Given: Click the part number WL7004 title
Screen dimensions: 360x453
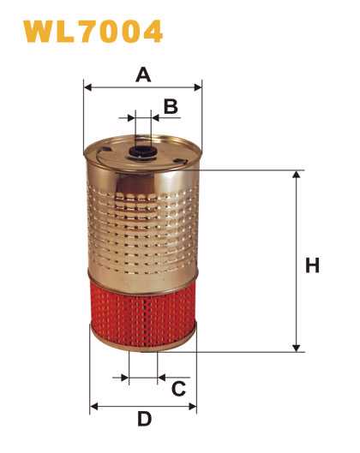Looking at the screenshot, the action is (x=93, y=31).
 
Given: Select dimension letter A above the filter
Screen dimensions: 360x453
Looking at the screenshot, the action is (x=143, y=75).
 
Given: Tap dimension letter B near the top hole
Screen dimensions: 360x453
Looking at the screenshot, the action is (x=171, y=106).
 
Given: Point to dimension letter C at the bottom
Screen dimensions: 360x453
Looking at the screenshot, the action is (x=178, y=389).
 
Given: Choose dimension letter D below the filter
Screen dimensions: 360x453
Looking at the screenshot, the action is (x=144, y=419).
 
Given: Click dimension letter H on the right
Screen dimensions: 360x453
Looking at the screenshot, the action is (x=312, y=265).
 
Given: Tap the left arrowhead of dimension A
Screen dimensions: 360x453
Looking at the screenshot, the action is (x=88, y=87).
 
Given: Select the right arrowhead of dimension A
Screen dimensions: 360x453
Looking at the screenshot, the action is (x=198, y=87).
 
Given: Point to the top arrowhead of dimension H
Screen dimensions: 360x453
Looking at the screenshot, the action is (x=296, y=175).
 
